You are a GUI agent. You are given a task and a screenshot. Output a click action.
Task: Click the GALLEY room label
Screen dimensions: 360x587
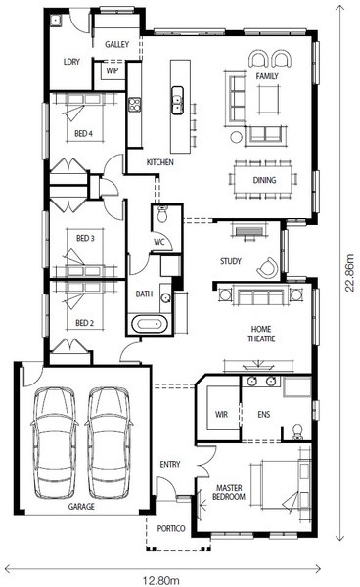tap(116, 44)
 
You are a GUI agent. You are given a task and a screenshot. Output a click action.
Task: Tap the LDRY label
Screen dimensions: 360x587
tap(71, 61)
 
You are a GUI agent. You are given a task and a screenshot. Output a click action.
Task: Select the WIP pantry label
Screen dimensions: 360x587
tap(112, 70)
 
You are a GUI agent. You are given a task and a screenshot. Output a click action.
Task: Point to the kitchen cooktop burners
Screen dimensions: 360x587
tap(134, 105)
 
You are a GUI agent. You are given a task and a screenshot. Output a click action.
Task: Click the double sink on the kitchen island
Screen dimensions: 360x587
tap(177, 100)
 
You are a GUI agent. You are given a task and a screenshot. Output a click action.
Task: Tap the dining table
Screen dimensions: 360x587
tap(264, 179)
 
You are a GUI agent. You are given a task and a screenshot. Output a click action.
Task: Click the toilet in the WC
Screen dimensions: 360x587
tap(162, 213)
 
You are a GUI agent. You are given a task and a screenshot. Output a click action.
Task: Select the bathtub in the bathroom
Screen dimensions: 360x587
tap(150, 324)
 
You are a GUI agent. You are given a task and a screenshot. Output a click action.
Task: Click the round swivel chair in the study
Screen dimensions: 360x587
tap(268, 268)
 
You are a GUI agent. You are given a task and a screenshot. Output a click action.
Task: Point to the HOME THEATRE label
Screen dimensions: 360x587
tap(261, 334)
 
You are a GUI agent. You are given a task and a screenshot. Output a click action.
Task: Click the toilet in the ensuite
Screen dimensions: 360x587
tap(297, 431)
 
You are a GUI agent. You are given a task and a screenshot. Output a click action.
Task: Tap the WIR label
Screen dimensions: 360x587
tap(221, 414)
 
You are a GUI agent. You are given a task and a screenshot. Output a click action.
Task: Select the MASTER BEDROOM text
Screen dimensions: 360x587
tap(229, 492)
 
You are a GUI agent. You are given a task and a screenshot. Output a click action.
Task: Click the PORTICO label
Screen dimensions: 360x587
tap(171, 528)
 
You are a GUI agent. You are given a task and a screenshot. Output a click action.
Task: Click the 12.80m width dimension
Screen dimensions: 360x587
tap(161, 580)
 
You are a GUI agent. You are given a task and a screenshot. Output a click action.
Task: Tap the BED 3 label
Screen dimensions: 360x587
tap(85, 238)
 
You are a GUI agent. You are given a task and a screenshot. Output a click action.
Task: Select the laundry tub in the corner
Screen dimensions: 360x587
tap(56, 20)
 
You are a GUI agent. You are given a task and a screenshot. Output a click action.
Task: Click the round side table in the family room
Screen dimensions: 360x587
tap(237, 137)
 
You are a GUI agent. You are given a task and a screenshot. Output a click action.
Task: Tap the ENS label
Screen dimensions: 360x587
tap(264, 414)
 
